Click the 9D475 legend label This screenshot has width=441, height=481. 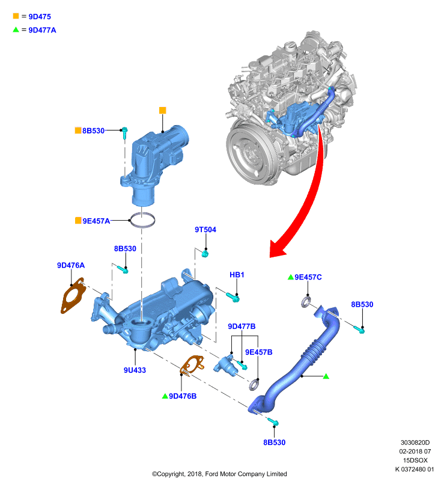(x=40, y=17)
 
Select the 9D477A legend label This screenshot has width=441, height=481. (x=42, y=30)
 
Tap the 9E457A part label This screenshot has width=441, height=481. (x=96, y=221)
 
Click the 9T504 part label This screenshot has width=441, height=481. (x=205, y=230)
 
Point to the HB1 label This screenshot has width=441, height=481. (x=237, y=275)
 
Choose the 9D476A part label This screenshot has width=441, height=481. (x=71, y=265)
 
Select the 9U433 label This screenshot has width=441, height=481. (x=135, y=370)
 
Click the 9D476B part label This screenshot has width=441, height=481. (x=183, y=396)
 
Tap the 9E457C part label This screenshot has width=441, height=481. (x=308, y=277)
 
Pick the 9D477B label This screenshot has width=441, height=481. (x=242, y=326)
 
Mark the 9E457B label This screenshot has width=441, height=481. (x=259, y=352)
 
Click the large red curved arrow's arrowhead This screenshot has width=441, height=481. (x=277, y=248)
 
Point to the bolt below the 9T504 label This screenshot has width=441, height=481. (x=205, y=254)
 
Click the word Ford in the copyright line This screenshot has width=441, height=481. (x=212, y=474)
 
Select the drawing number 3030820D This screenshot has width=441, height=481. (x=415, y=443)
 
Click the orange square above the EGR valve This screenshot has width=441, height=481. (x=163, y=110)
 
